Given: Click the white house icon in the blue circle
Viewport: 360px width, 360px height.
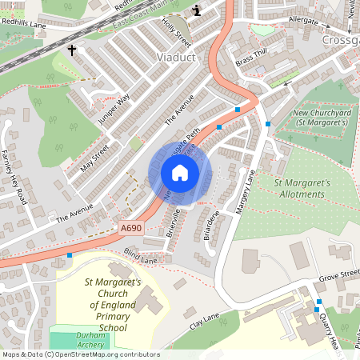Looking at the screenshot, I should pyautogui.click(x=180, y=173).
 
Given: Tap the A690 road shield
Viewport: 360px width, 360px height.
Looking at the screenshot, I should pyautogui.click(x=132, y=228).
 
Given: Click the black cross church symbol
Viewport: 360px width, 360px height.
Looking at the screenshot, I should pyautogui.click(x=72, y=50).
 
